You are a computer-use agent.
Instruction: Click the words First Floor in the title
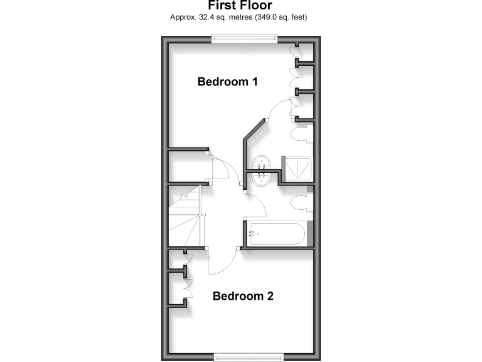[240, 6]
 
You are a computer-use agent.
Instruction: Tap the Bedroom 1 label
[228, 82]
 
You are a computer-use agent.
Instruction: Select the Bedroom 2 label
[243, 296]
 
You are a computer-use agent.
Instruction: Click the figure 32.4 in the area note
[204, 17]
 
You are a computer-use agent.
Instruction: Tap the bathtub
[277, 234]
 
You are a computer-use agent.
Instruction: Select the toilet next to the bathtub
[301, 201]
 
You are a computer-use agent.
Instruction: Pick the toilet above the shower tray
[303, 134]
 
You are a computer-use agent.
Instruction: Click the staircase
[183, 217]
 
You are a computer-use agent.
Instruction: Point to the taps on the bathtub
[252, 234]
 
